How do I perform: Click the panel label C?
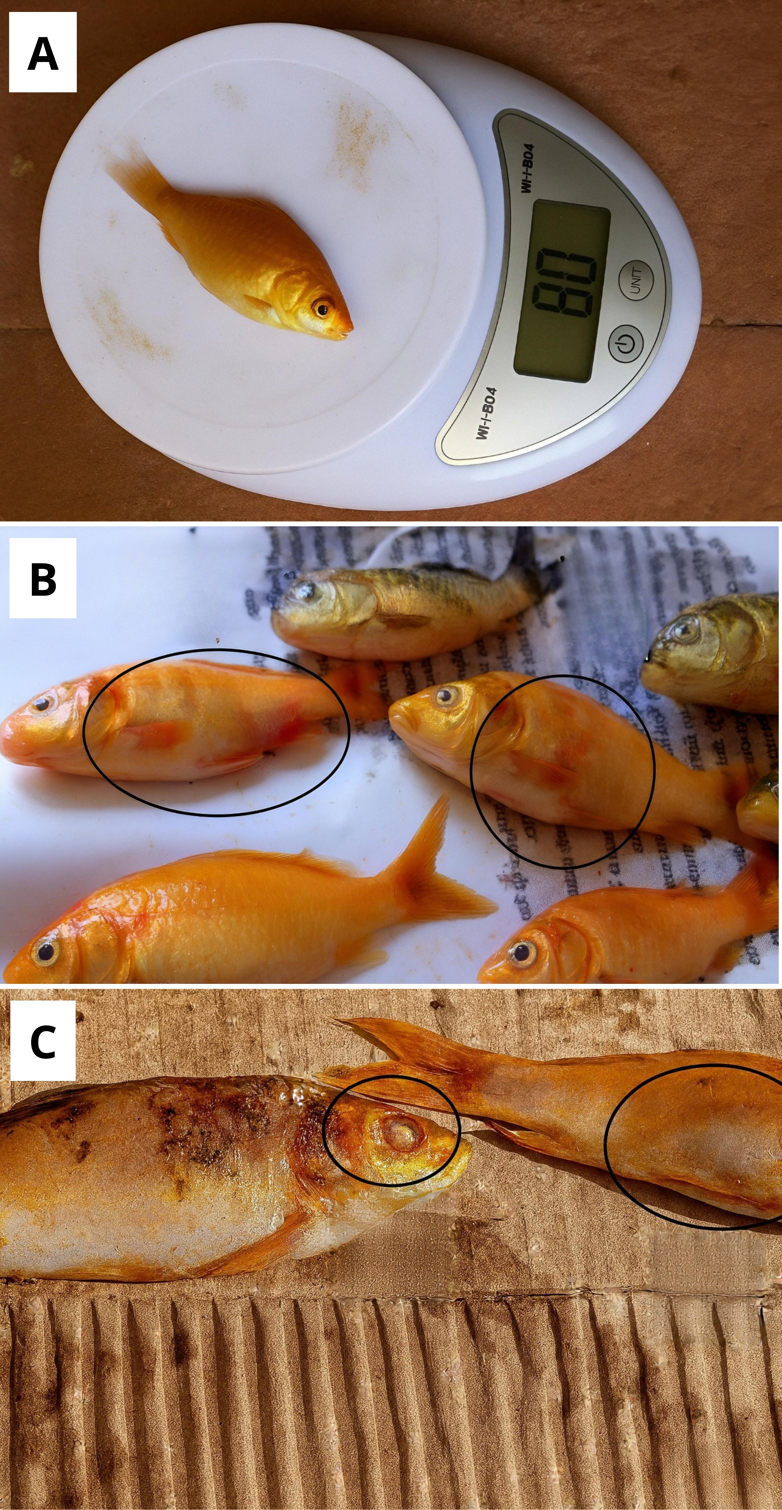click(x=43, y=1042)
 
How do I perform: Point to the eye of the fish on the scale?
click(x=321, y=308)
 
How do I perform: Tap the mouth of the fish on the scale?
click(x=348, y=332)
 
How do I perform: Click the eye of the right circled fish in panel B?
click(x=447, y=696)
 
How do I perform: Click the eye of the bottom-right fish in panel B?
click(x=520, y=953)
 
